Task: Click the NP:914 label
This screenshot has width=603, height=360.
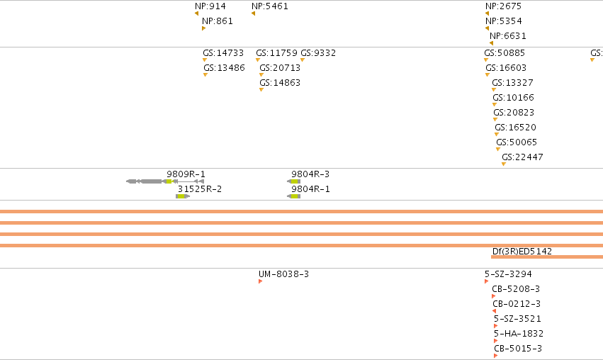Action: (210, 6)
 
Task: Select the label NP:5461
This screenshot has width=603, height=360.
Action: (269, 6)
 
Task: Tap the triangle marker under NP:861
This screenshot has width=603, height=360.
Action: (203, 28)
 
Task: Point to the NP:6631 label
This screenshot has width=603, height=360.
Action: (507, 35)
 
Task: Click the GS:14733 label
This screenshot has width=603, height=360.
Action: (223, 52)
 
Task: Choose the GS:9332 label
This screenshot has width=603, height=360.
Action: (318, 52)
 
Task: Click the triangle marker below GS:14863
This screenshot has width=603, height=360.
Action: (261, 89)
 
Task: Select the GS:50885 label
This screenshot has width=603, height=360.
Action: (505, 52)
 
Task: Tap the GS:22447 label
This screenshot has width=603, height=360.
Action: (522, 157)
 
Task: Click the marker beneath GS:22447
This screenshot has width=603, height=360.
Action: (504, 164)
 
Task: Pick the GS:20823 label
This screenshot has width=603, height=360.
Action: (514, 112)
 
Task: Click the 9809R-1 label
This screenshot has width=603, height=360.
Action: (186, 174)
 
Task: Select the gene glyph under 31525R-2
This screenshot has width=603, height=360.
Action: (183, 196)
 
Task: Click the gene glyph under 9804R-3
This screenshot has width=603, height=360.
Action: (294, 181)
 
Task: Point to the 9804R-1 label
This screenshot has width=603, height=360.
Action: (310, 189)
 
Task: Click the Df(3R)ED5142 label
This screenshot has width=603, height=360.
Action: (522, 251)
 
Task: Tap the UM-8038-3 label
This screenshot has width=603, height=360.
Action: (283, 274)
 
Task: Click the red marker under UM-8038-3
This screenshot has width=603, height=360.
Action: (260, 281)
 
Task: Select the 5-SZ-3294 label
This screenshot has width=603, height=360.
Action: (508, 274)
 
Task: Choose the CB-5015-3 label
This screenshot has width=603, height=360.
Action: (518, 349)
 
